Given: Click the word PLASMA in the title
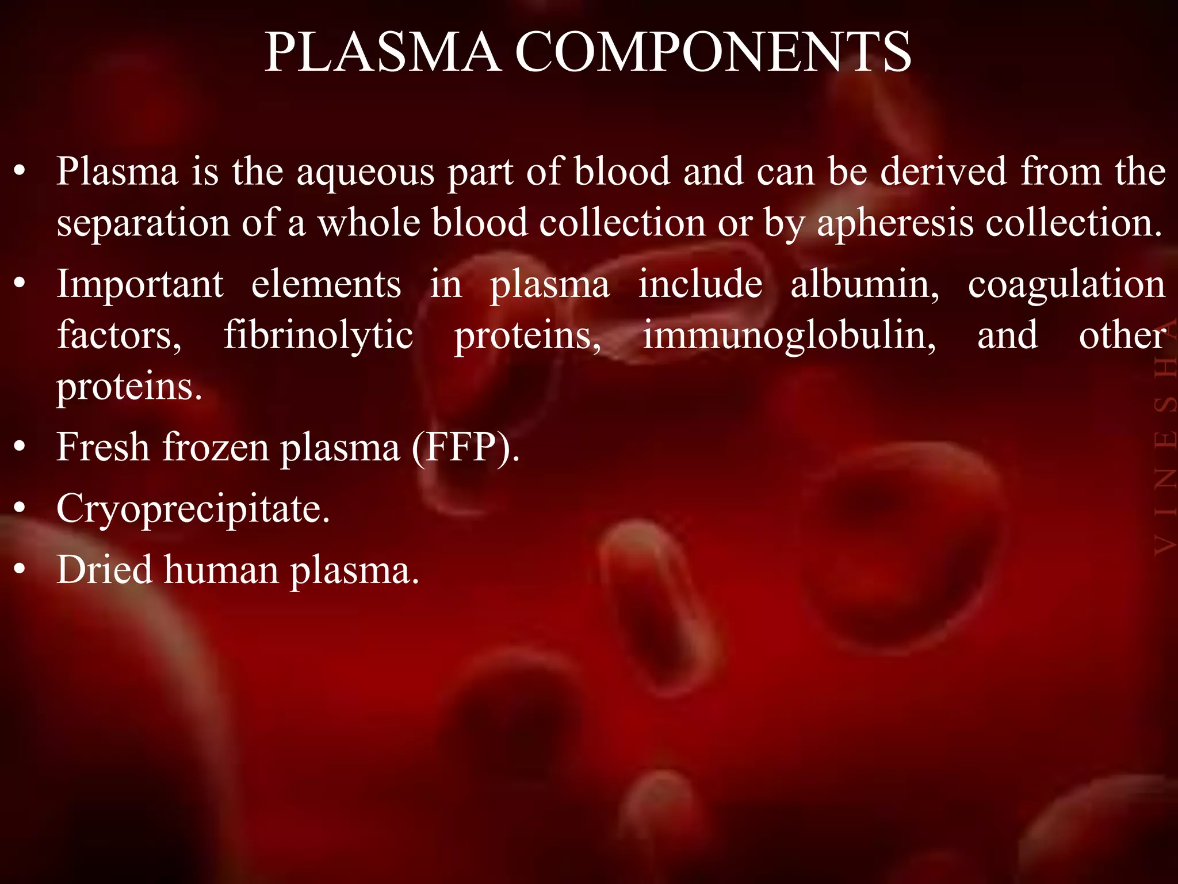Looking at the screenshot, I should (x=382, y=53).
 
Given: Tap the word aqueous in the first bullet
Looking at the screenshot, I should (x=365, y=173).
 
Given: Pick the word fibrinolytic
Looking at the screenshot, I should (x=318, y=336).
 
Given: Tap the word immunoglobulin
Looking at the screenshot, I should (x=789, y=336).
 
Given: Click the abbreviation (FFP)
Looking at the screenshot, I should (x=466, y=447).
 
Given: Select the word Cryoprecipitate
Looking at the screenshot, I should (x=193, y=510).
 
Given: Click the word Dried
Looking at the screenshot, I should (x=104, y=570).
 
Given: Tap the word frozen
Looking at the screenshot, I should (x=215, y=447).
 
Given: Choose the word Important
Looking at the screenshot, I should (x=140, y=284).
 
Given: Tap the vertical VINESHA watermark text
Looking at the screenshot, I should (x=1165, y=437).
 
